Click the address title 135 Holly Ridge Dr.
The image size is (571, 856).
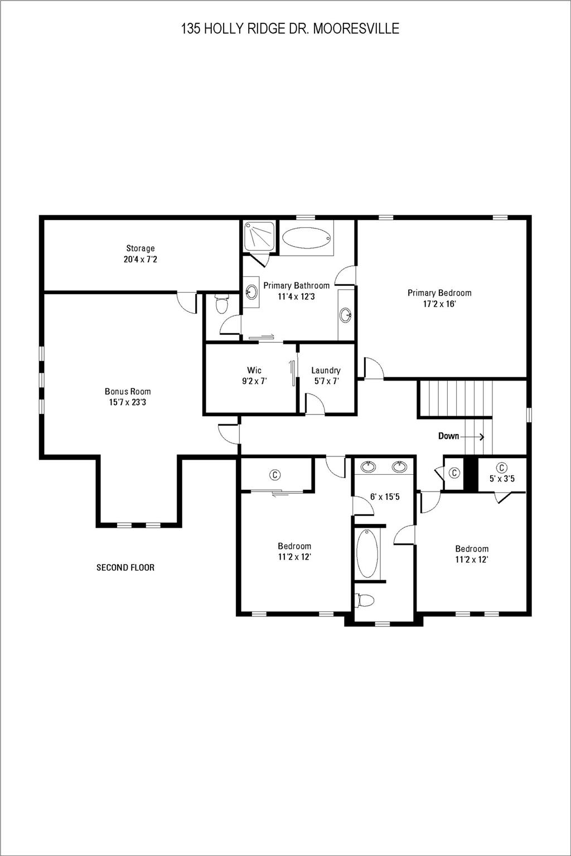click(290, 29)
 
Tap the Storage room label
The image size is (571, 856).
click(140, 249)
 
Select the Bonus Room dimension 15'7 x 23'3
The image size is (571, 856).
click(128, 402)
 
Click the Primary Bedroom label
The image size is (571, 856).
click(439, 293)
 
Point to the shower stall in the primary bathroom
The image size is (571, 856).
click(259, 236)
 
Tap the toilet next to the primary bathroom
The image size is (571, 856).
click(222, 305)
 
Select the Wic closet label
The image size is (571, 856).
click(254, 371)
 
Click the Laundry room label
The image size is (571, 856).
click(326, 371)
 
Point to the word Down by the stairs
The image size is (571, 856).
click(448, 436)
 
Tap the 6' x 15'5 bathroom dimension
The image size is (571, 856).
click(385, 497)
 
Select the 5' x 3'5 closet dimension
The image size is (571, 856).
click(502, 479)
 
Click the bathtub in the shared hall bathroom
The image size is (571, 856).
click(367, 553)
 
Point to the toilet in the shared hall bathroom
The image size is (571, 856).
click(365, 601)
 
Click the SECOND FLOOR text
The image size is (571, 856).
click(125, 568)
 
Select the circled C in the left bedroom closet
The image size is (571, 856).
click(274, 475)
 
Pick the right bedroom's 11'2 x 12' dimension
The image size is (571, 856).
click(472, 560)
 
